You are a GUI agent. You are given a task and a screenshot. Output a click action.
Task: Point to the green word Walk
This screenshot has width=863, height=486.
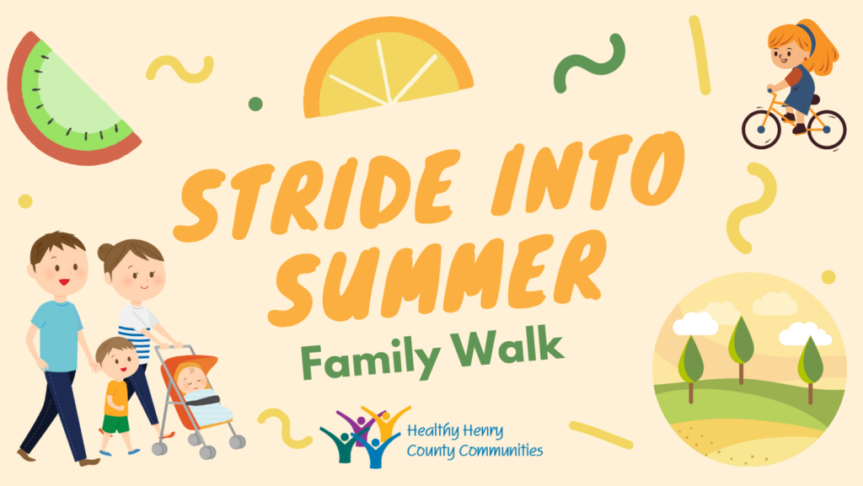(x=507, y=348)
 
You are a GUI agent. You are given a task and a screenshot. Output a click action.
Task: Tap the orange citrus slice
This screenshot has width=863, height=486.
(x=387, y=69)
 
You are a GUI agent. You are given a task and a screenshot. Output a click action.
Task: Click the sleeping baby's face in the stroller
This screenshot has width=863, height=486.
(x=191, y=378)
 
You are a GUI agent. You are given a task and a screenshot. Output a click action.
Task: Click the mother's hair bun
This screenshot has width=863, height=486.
(x=105, y=252)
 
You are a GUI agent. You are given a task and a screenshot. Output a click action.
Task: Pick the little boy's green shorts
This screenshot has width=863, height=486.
(x=115, y=424)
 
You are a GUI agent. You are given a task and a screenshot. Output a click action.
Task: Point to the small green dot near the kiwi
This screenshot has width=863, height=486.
(x=255, y=104)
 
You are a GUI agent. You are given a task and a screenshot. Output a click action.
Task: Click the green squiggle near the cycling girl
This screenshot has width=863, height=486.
(x=589, y=62)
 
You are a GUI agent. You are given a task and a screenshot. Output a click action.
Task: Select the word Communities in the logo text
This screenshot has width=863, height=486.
(x=501, y=451)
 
